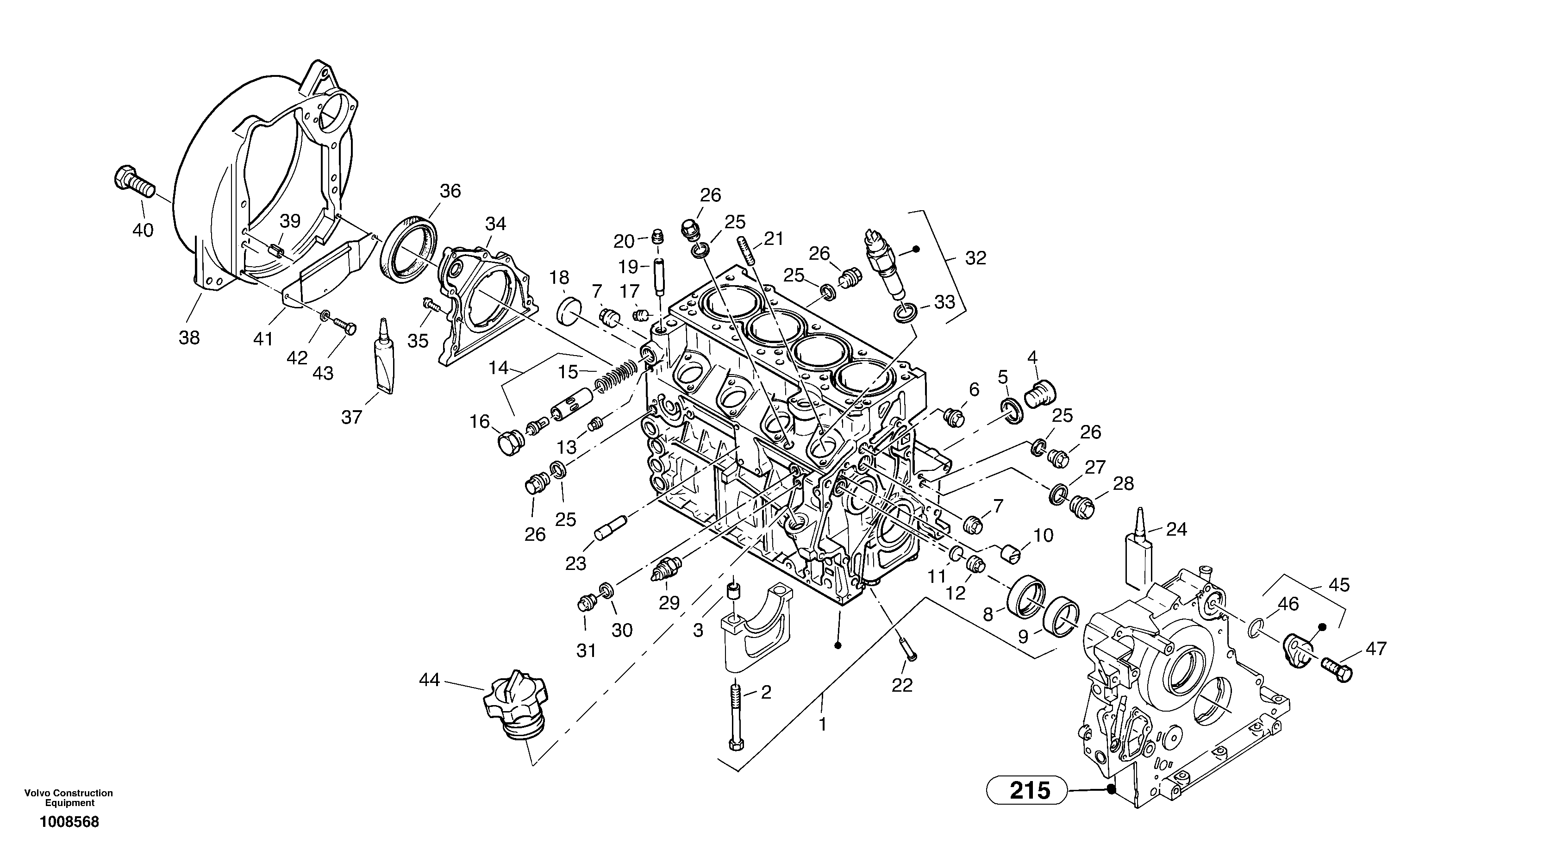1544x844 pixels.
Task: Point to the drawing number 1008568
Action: (x=69, y=822)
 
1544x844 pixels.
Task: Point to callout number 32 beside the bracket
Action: (x=975, y=258)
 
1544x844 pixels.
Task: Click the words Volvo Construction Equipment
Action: (x=69, y=798)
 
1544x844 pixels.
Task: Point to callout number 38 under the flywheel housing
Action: (x=189, y=338)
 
